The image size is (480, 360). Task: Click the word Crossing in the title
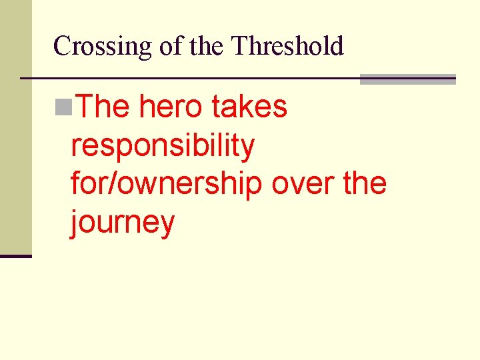coord(103,47)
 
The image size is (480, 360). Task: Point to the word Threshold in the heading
coord(287,46)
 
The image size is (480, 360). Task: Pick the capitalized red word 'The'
coord(100,107)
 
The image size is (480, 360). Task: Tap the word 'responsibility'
coord(163,146)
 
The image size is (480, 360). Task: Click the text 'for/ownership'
coord(166,184)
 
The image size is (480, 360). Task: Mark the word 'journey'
coord(123,223)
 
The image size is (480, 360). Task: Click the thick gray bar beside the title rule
coord(407,79)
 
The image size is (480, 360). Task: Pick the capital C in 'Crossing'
coord(62,46)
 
